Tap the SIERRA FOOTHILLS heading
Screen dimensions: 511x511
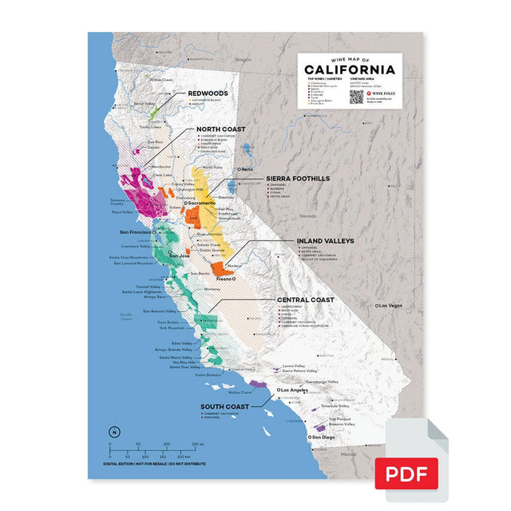(x=297, y=179)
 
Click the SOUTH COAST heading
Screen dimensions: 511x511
(x=224, y=406)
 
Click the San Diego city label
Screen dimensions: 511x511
(x=324, y=438)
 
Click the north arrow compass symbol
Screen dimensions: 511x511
(x=115, y=432)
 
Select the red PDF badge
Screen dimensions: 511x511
(x=406, y=473)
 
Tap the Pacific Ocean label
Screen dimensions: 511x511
(x=125, y=317)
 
